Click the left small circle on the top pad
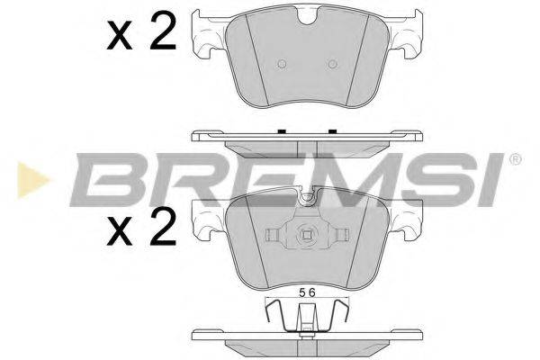tap(282, 63)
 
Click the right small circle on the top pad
tap(334, 63)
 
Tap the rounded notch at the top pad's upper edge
tap(308, 14)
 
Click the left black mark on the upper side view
tap(283, 131)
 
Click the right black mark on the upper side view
tap(332, 131)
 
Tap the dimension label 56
tap(308, 292)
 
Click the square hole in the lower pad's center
tap(308, 239)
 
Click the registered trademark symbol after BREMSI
tap(515, 160)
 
